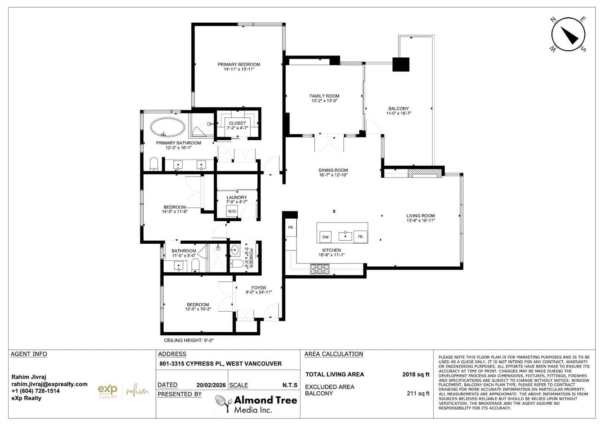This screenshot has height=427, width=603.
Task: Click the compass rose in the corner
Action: click(568, 34)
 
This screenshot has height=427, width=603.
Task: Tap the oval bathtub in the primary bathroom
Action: click(167, 127)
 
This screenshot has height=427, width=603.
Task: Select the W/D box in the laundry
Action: click(232, 211)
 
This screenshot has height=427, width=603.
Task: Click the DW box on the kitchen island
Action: click(326, 237)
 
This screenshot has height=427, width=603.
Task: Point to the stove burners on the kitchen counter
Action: click(320, 269)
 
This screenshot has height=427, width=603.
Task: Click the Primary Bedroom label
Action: click(239, 65)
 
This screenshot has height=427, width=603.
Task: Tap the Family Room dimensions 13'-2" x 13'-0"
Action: click(324, 101)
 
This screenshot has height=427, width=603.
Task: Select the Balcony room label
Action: click(399, 108)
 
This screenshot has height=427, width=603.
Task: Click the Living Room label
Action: click(421, 215)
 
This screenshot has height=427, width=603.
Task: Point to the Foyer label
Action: click(259, 288)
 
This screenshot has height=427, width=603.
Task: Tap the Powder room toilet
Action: click(237, 263)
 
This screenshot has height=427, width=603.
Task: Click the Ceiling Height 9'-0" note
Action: click(189, 340)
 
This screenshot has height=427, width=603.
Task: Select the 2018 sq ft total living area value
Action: click(416, 375)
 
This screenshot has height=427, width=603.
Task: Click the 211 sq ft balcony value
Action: click(418, 393)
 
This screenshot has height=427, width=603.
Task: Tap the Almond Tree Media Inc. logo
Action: click(256, 404)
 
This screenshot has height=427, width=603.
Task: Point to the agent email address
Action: click(49, 384)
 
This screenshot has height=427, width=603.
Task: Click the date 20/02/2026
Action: click(211, 385)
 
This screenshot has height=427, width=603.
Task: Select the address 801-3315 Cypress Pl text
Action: click(191, 364)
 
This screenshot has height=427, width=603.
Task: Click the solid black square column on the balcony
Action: click(401, 65)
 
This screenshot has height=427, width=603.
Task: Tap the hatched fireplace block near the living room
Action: click(425, 173)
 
